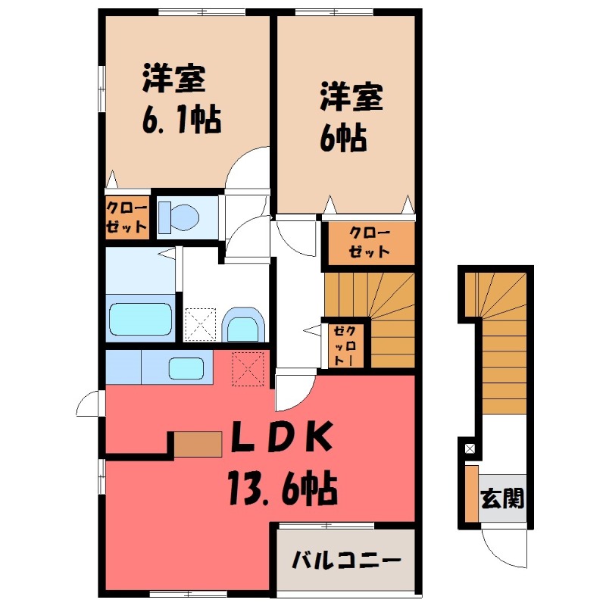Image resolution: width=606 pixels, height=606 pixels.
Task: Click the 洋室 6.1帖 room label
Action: tap(180, 98)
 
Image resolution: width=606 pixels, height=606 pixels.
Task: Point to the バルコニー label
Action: tap(346, 561)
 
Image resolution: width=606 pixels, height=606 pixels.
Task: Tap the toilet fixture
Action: tap(180, 216)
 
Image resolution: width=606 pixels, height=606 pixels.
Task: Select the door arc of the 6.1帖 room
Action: tap(248, 167)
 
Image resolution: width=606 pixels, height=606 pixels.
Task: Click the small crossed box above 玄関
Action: tap(470, 449)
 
